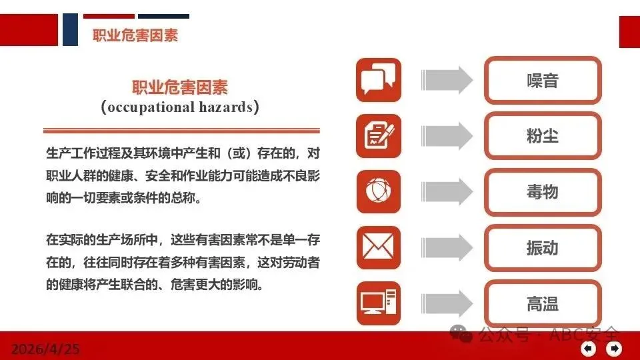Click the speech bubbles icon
(x=379, y=80)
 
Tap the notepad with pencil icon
(x=379, y=136)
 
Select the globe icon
(x=379, y=191)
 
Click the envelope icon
(x=379, y=247)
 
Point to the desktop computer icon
(x=379, y=303)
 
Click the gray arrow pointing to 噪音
(x=447, y=80)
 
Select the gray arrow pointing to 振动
(x=447, y=248)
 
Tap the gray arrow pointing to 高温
(x=447, y=304)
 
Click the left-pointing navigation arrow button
(x=588, y=349)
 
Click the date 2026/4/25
(x=45, y=349)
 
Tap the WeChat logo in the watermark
(x=461, y=334)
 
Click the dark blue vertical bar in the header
(x=70, y=29)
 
